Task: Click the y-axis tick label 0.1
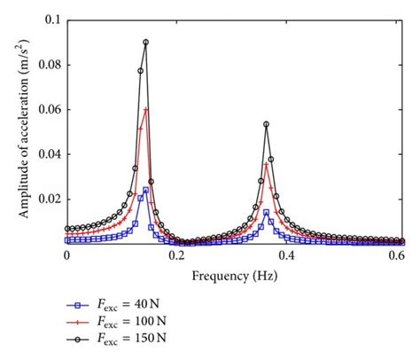(51, 19)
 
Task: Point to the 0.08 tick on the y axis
(48, 64)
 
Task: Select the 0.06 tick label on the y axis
(48, 109)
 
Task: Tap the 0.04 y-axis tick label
(48, 154)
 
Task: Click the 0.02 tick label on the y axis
(48, 200)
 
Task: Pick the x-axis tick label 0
(66, 255)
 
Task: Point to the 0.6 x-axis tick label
(397, 255)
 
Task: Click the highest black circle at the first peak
(145, 42)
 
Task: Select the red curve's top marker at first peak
(145, 109)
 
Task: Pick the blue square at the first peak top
(145, 190)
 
